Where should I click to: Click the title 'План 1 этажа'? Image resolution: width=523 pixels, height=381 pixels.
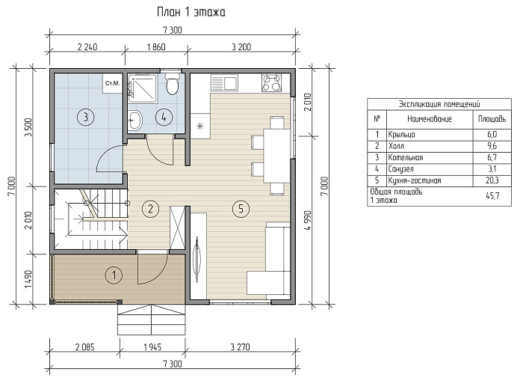coord(191,12)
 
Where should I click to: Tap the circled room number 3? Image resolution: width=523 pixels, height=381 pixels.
coord(86,117)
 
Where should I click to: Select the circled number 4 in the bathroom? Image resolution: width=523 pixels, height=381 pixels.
coord(164,117)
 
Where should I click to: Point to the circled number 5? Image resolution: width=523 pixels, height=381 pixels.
coord(241,209)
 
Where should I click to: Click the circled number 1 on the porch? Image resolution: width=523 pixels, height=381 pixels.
coord(114,275)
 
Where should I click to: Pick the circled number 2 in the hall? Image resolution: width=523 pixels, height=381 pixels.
coord(150,209)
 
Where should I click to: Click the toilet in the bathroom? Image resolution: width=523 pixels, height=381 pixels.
coord(172,83)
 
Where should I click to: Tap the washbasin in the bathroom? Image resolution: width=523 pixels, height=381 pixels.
coord(135,119)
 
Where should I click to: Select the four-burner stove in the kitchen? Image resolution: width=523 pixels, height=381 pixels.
coord(271,82)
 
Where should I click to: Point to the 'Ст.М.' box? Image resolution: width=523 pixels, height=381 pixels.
coord(112,83)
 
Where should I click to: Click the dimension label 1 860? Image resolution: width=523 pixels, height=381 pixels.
coord(156,47)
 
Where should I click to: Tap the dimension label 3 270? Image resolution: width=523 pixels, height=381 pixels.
coord(240,347)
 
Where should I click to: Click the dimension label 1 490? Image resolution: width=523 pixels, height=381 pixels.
coord(28,279)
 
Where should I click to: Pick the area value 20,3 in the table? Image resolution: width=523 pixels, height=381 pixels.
coord(492,181)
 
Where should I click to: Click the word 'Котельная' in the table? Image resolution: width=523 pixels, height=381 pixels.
coord(405,157)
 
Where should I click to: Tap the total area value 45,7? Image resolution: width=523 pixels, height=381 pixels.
coord(492,196)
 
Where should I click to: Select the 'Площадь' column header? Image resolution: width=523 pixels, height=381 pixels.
coord(492,119)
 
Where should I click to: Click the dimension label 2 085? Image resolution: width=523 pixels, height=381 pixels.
coord(84,347)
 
